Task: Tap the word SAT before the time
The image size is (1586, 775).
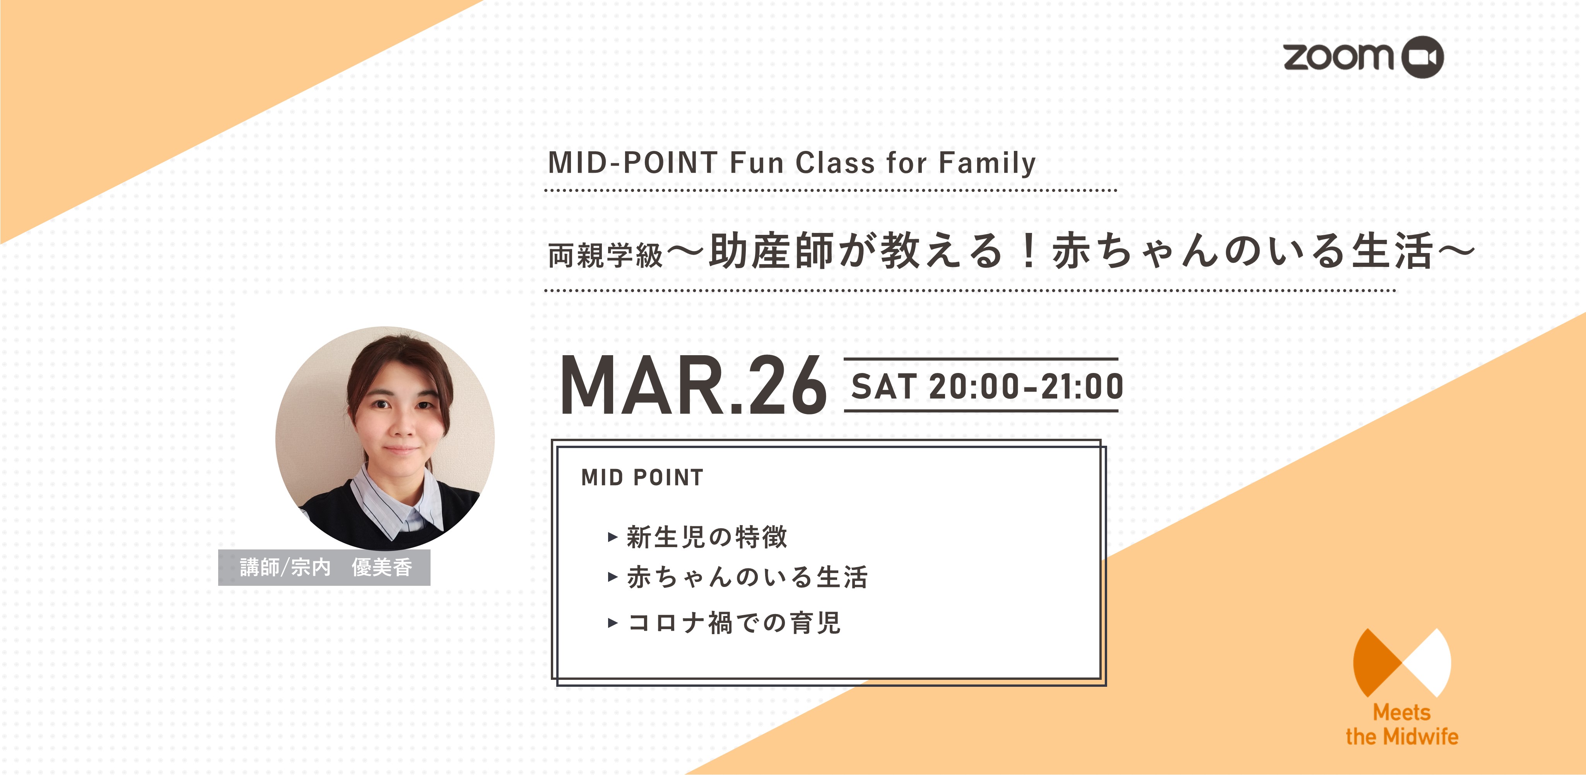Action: tap(884, 387)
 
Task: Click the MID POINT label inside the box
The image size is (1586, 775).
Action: tap(642, 477)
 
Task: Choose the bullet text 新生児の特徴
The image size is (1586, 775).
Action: tap(707, 537)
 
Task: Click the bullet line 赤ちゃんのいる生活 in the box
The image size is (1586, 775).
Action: tap(747, 577)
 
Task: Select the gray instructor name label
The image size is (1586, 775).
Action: tap(325, 567)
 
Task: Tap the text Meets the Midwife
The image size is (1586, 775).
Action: tap(1402, 724)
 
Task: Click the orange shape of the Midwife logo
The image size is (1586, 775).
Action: tap(1374, 662)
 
